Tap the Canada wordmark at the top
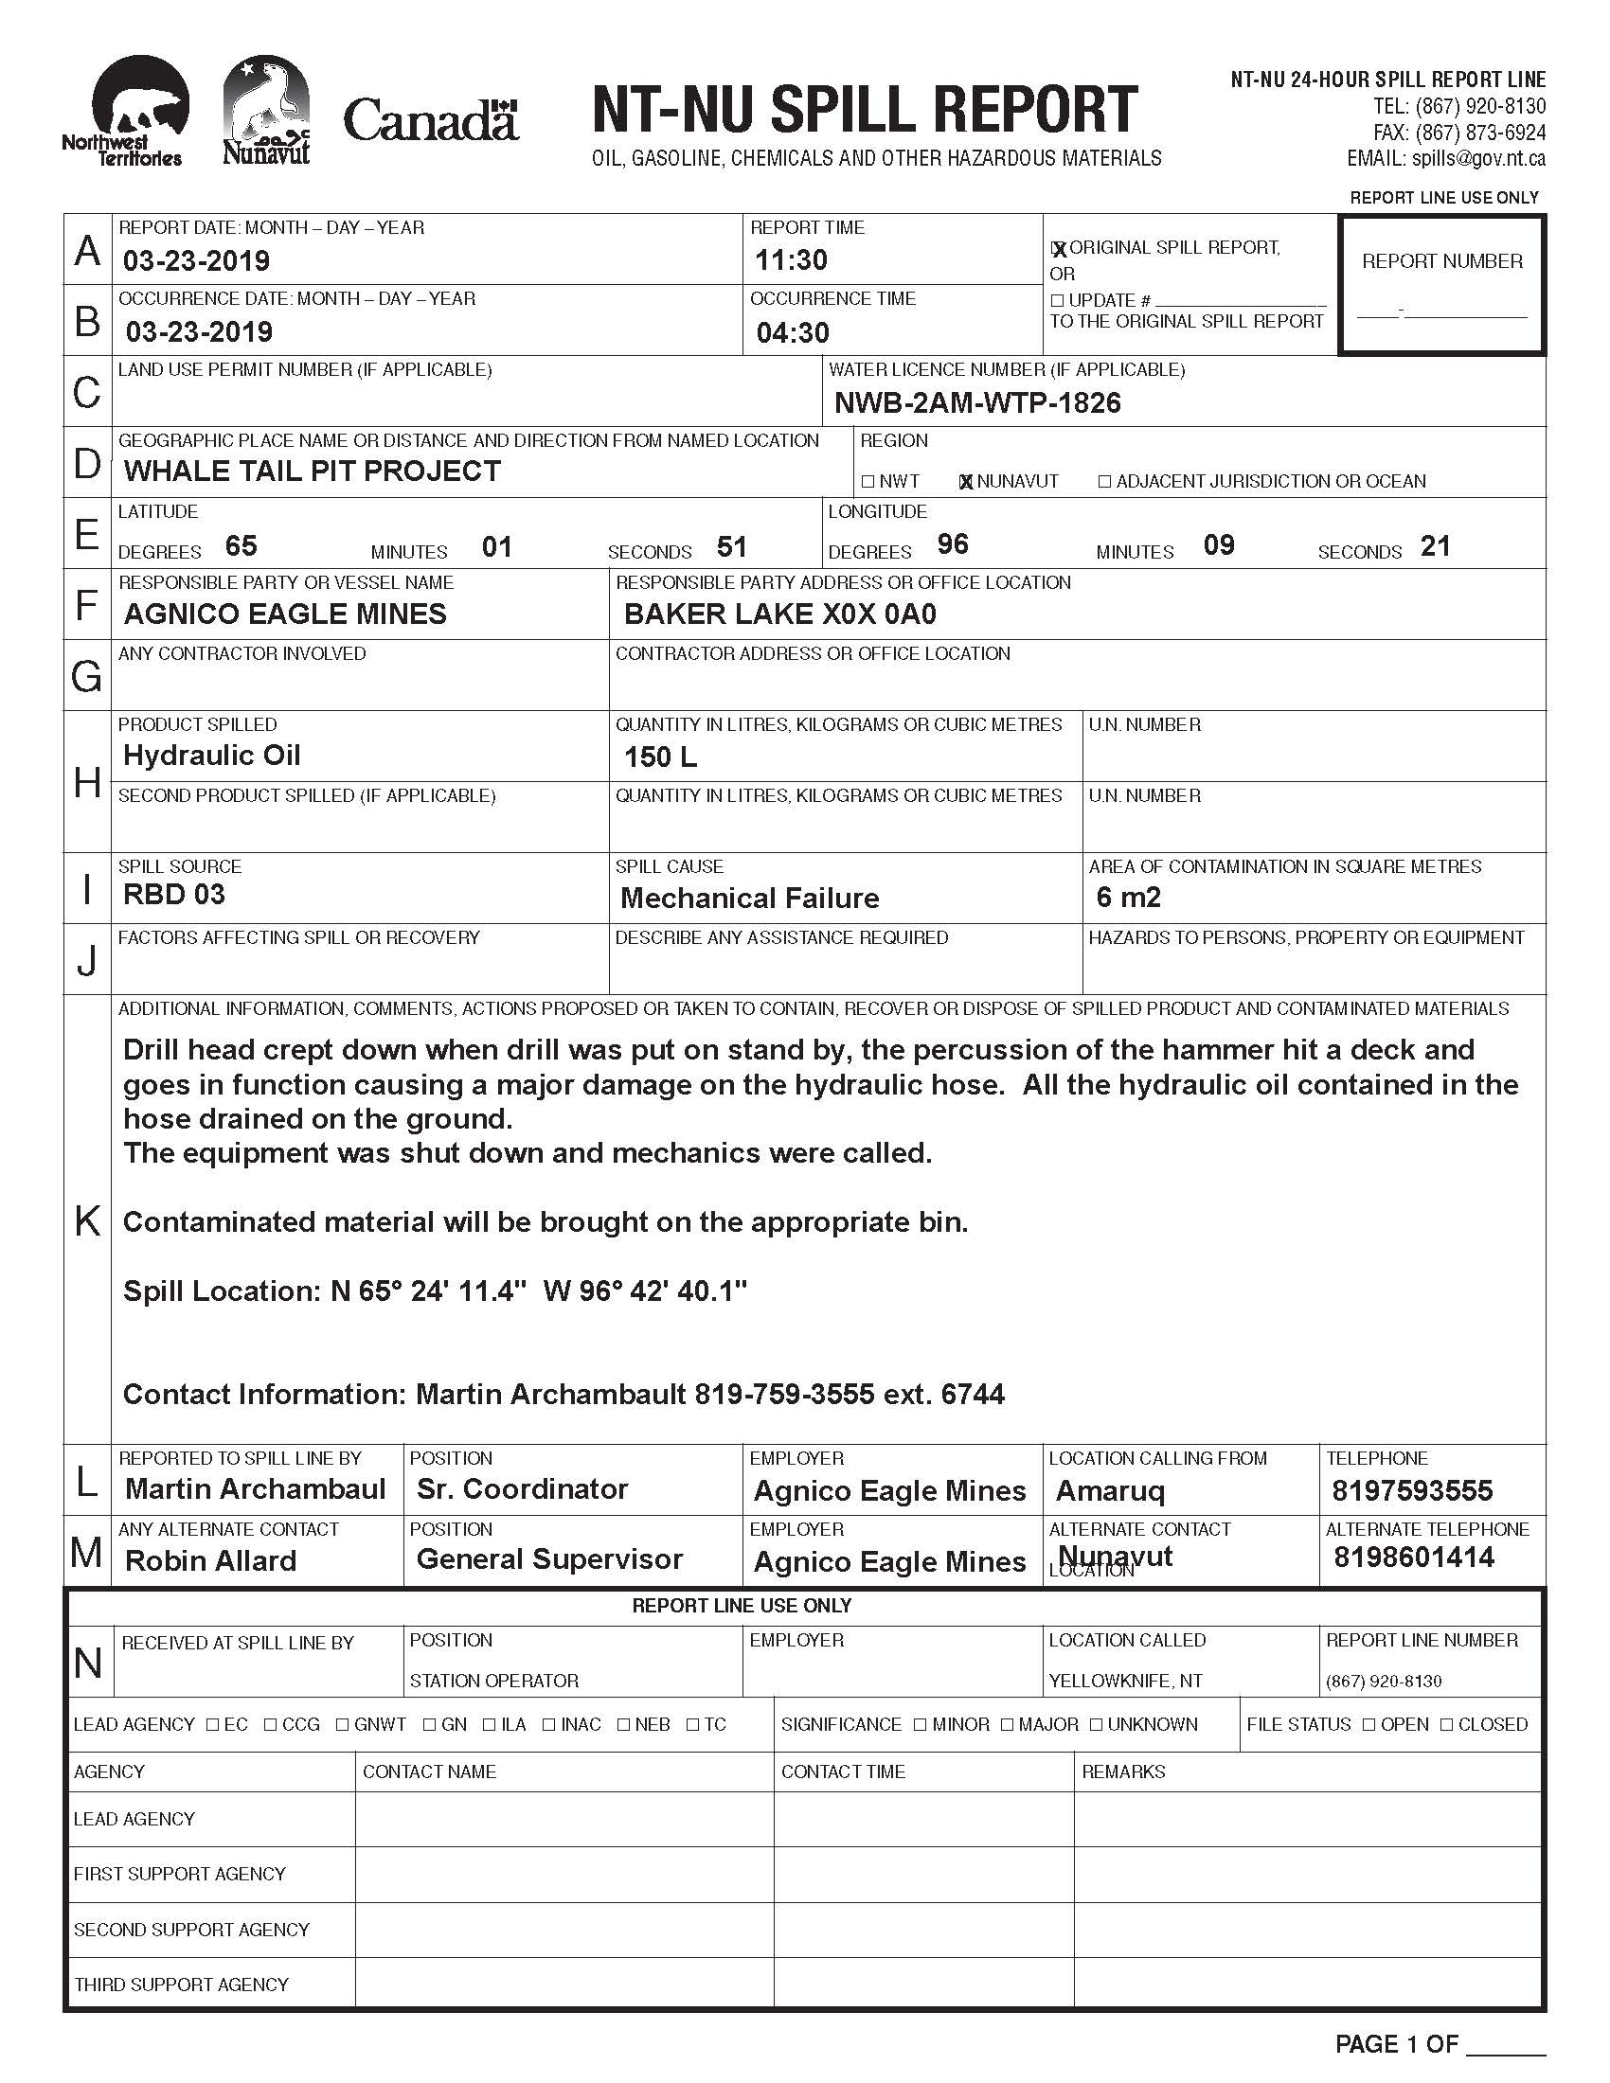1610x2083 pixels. (431, 120)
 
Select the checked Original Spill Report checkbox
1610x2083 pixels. (1058, 249)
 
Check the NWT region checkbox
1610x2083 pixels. (868, 482)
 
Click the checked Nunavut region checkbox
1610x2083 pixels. (966, 482)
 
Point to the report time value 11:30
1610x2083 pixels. (791, 260)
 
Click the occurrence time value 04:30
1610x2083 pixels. (793, 333)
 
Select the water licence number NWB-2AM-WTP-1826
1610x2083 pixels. (977, 403)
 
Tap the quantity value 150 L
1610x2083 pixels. (660, 757)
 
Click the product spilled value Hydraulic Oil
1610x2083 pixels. (212, 756)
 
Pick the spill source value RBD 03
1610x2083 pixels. (174, 895)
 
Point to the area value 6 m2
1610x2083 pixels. (1128, 898)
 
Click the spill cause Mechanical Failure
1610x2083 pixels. (750, 899)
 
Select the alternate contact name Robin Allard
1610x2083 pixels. (211, 1561)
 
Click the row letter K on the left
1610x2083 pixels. (87, 1220)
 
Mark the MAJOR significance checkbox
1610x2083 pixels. (1008, 1724)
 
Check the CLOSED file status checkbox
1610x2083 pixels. (1447, 1724)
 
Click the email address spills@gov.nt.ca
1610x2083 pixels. (1478, 159)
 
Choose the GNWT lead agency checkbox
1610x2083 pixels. (343, 1724)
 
